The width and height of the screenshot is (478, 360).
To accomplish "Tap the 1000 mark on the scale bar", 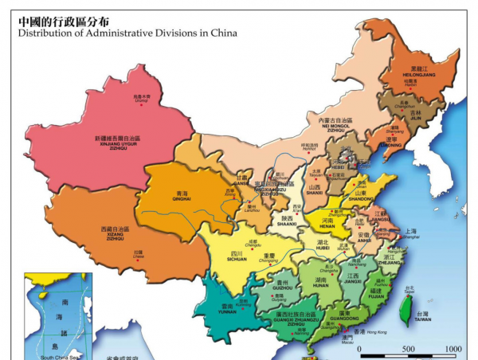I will point(453,349).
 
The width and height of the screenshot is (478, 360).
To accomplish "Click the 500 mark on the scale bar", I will point(407,349).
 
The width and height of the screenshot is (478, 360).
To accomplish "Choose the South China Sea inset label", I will point(58,358).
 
